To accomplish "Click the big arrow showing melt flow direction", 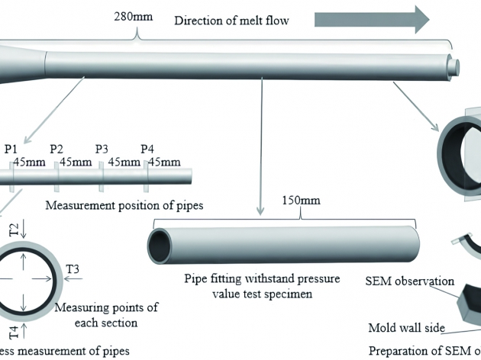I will (372, 19).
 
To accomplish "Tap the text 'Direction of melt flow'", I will (231, 21).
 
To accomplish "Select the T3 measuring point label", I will (73, 268).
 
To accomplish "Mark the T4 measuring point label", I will (15, 331).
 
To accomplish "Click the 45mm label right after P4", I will (164, 162).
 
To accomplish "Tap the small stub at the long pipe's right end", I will (457, 66).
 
